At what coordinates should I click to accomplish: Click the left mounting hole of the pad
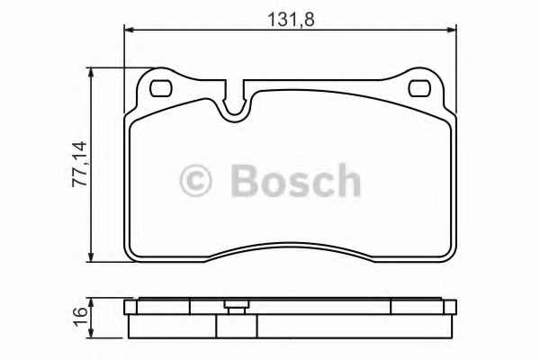(163, 89)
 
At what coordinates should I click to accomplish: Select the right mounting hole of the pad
(420, 89)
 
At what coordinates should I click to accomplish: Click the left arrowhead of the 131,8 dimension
(129, 31)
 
